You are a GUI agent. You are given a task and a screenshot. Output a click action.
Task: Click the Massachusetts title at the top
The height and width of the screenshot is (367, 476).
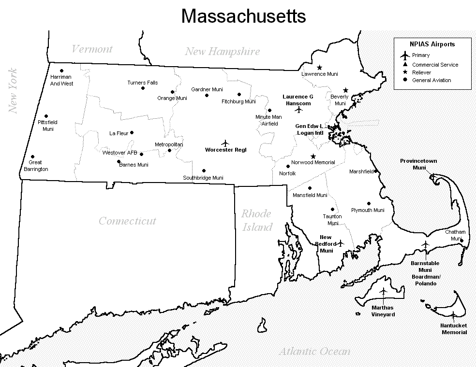point(243,16)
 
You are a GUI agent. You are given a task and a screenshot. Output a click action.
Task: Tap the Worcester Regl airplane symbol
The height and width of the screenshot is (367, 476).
point(225,143)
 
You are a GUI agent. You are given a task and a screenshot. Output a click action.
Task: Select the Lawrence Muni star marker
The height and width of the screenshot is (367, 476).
point(319,67)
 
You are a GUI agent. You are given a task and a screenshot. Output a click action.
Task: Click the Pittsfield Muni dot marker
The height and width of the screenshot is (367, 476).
point(46,116)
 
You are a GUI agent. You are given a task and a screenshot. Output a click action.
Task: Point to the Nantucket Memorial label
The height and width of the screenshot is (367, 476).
point(454,329)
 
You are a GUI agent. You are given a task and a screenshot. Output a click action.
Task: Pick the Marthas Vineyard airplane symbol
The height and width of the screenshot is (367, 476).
point(384,292)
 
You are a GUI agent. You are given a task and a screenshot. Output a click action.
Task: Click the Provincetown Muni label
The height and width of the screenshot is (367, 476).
point(419,164)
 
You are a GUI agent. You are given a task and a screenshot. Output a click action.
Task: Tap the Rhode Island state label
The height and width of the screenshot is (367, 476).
point(257,220)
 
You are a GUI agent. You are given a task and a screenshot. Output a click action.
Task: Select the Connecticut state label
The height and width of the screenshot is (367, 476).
point(127,221)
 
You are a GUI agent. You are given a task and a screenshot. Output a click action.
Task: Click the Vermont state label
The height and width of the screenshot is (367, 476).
point(92,49)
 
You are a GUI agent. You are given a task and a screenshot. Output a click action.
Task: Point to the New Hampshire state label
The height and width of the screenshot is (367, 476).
point(222,52)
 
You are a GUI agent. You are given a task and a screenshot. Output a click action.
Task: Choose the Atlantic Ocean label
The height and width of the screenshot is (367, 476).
point(314,351)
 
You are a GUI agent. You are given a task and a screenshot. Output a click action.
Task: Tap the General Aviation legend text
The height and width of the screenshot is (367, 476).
point(431,80)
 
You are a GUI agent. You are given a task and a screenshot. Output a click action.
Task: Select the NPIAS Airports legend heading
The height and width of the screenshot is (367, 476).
point(432,44)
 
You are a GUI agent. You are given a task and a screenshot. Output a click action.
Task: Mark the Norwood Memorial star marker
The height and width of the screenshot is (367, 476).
point(313,156)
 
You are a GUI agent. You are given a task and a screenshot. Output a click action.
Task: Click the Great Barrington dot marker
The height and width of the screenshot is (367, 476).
point(32,156)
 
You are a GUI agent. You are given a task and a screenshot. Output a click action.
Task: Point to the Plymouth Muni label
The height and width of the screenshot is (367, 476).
point(368,210)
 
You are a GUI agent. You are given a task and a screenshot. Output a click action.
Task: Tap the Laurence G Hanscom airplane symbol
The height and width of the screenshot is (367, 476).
point(298,110)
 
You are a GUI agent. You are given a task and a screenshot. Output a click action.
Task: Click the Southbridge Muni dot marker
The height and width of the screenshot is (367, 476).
point(204,170)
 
